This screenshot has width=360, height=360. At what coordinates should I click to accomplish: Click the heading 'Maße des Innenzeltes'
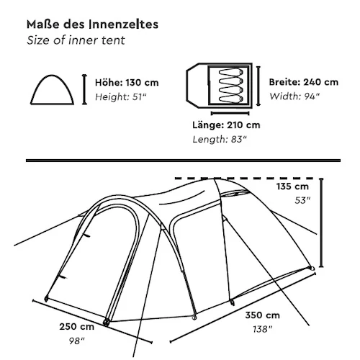[x=92, y=24]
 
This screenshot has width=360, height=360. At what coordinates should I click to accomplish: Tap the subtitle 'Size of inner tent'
[x=76, y=40]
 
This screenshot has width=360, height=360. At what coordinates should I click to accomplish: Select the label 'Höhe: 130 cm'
[x=127, y=83]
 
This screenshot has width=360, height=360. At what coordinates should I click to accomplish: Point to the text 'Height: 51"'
[x=121, y=97]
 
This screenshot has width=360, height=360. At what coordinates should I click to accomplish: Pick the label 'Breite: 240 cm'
[x=304, y=82]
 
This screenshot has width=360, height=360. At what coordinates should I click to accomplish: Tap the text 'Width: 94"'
[x=294, y=96]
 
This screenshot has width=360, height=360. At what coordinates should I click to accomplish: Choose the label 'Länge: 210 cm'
[x=226, y=125]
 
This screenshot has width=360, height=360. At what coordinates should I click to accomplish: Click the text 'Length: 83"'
[x=220, y=140]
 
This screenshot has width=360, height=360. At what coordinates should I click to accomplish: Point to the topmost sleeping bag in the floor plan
[x=231, y=72]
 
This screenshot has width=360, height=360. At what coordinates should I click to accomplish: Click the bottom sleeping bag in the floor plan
[x=231, y=99]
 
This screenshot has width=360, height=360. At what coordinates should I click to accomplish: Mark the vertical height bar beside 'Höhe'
[x=84, y=89]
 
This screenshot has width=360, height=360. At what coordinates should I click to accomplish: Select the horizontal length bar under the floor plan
[x=230, y=113]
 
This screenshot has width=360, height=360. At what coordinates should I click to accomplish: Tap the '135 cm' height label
[x=292, y=186]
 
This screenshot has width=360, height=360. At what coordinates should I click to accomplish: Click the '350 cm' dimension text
[x=262, y=315]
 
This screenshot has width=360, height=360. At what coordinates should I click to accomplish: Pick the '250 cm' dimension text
[x=76, y=327]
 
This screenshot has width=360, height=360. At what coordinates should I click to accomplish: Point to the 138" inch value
[x=263, y=329]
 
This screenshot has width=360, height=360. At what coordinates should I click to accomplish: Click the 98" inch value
[x=77, y=341]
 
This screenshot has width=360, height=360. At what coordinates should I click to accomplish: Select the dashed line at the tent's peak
[x=244, y=179]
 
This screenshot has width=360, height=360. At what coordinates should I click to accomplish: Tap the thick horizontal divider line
[x=183, y=161]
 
